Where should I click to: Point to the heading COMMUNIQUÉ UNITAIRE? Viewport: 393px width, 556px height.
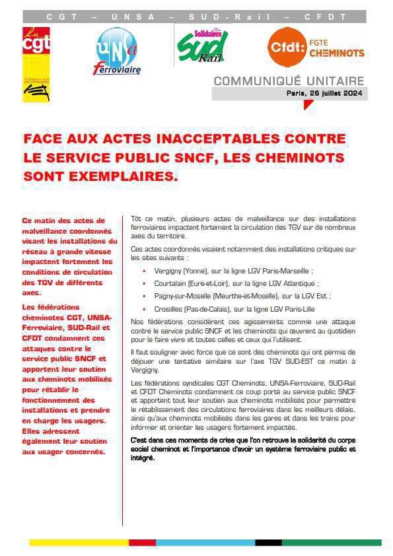289,81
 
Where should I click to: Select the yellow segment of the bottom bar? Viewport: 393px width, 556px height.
79,543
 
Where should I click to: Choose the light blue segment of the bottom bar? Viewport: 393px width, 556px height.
205,543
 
